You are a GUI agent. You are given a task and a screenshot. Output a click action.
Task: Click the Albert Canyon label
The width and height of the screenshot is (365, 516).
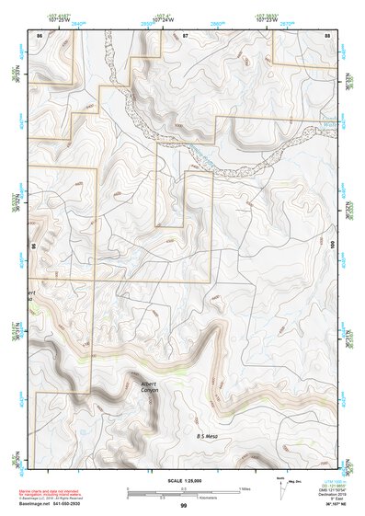(149, 386)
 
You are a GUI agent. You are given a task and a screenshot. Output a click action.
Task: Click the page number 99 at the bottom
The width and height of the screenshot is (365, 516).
(184, 506)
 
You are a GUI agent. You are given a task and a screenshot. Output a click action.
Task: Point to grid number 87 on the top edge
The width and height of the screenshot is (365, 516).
(185, 34)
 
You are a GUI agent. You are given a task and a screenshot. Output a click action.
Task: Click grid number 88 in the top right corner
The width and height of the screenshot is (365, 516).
(327, 34)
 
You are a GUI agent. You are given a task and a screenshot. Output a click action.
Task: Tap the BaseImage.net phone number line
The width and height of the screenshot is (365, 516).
(59, 504)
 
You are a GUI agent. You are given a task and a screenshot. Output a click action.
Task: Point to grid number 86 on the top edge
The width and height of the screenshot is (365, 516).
(40, 34)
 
